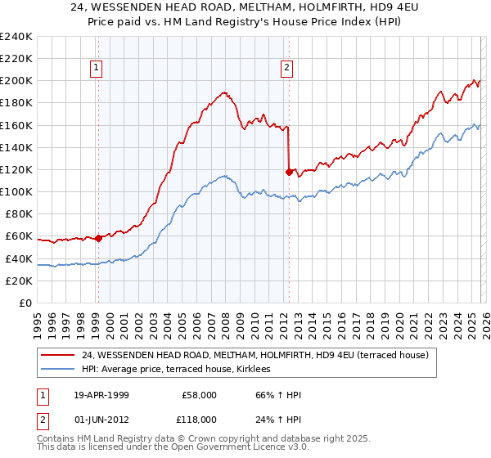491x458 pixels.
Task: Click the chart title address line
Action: click(245, 7)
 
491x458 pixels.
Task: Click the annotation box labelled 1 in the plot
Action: click(97, 69)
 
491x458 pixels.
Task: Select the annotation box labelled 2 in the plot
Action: click(287, 69)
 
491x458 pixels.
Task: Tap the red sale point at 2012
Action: click(289, 172)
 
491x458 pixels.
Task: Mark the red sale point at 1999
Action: click(98, 238)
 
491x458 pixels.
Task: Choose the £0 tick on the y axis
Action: click(25, 303)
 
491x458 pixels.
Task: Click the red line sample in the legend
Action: click(58, 355)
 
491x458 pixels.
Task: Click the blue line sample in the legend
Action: click(58, 369)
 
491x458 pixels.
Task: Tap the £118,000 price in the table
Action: click(199, 419)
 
